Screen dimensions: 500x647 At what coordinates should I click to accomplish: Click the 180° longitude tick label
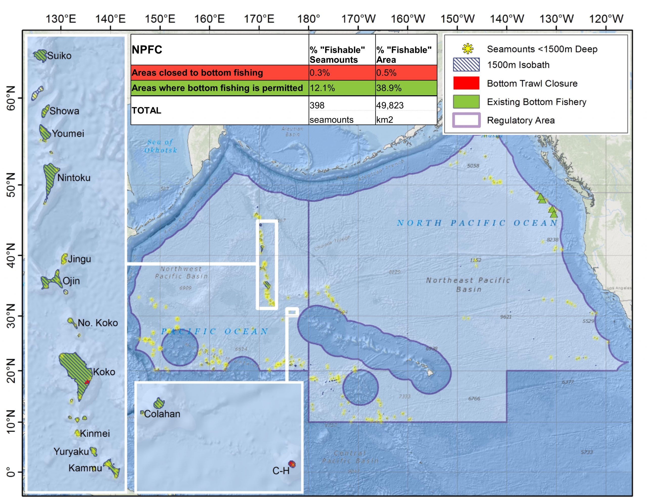click(308, 19)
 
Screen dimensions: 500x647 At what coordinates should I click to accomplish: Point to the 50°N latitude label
click(11, 185)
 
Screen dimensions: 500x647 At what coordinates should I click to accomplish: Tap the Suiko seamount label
click(59, 56)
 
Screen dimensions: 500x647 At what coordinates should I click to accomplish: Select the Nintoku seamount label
click(74, 178)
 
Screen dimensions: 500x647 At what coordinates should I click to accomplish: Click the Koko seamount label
click(104, 372)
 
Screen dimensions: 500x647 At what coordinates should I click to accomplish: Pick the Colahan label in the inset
click(162, 414)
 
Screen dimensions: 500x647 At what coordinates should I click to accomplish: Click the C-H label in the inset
click(281, 471)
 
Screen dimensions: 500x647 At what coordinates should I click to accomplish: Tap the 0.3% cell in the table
click(320, 73)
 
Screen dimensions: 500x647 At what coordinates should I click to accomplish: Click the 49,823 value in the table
click(390, 105)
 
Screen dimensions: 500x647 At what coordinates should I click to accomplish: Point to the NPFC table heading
click(147, 50)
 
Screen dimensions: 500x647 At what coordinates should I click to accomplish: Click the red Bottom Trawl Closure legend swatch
click(466, 83)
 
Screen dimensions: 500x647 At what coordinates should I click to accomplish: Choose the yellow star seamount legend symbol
click(468, 49)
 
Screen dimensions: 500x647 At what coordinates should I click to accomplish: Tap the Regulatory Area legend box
click(466, 120)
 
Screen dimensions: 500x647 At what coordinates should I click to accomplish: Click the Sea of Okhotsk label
click(160, 146)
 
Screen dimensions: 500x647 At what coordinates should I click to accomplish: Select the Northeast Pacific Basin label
click(468, 285)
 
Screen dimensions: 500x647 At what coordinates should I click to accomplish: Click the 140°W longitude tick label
click(507, 19)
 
